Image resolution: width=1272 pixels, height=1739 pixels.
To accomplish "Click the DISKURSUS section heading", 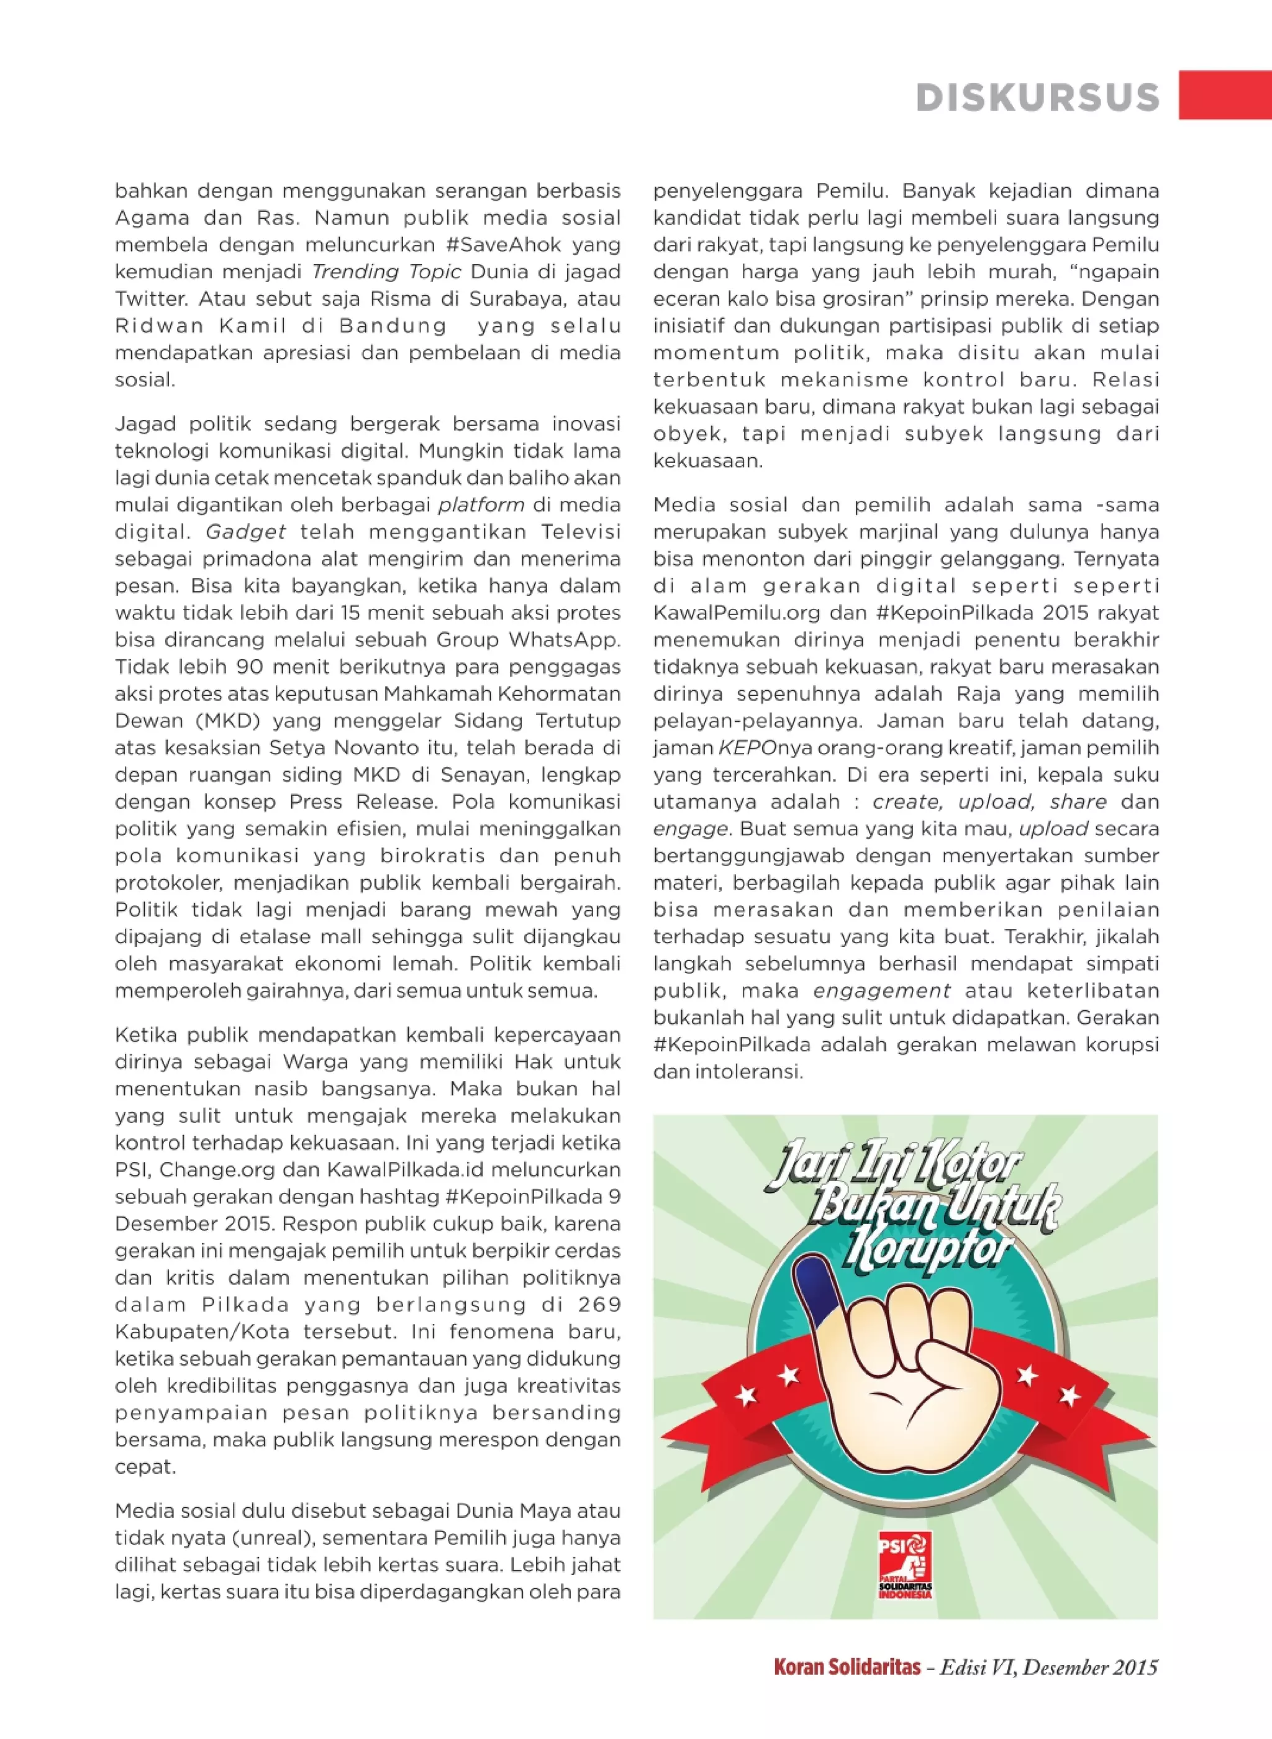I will click(1037, 98).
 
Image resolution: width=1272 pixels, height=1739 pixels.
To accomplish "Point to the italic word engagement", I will click(881, 990).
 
